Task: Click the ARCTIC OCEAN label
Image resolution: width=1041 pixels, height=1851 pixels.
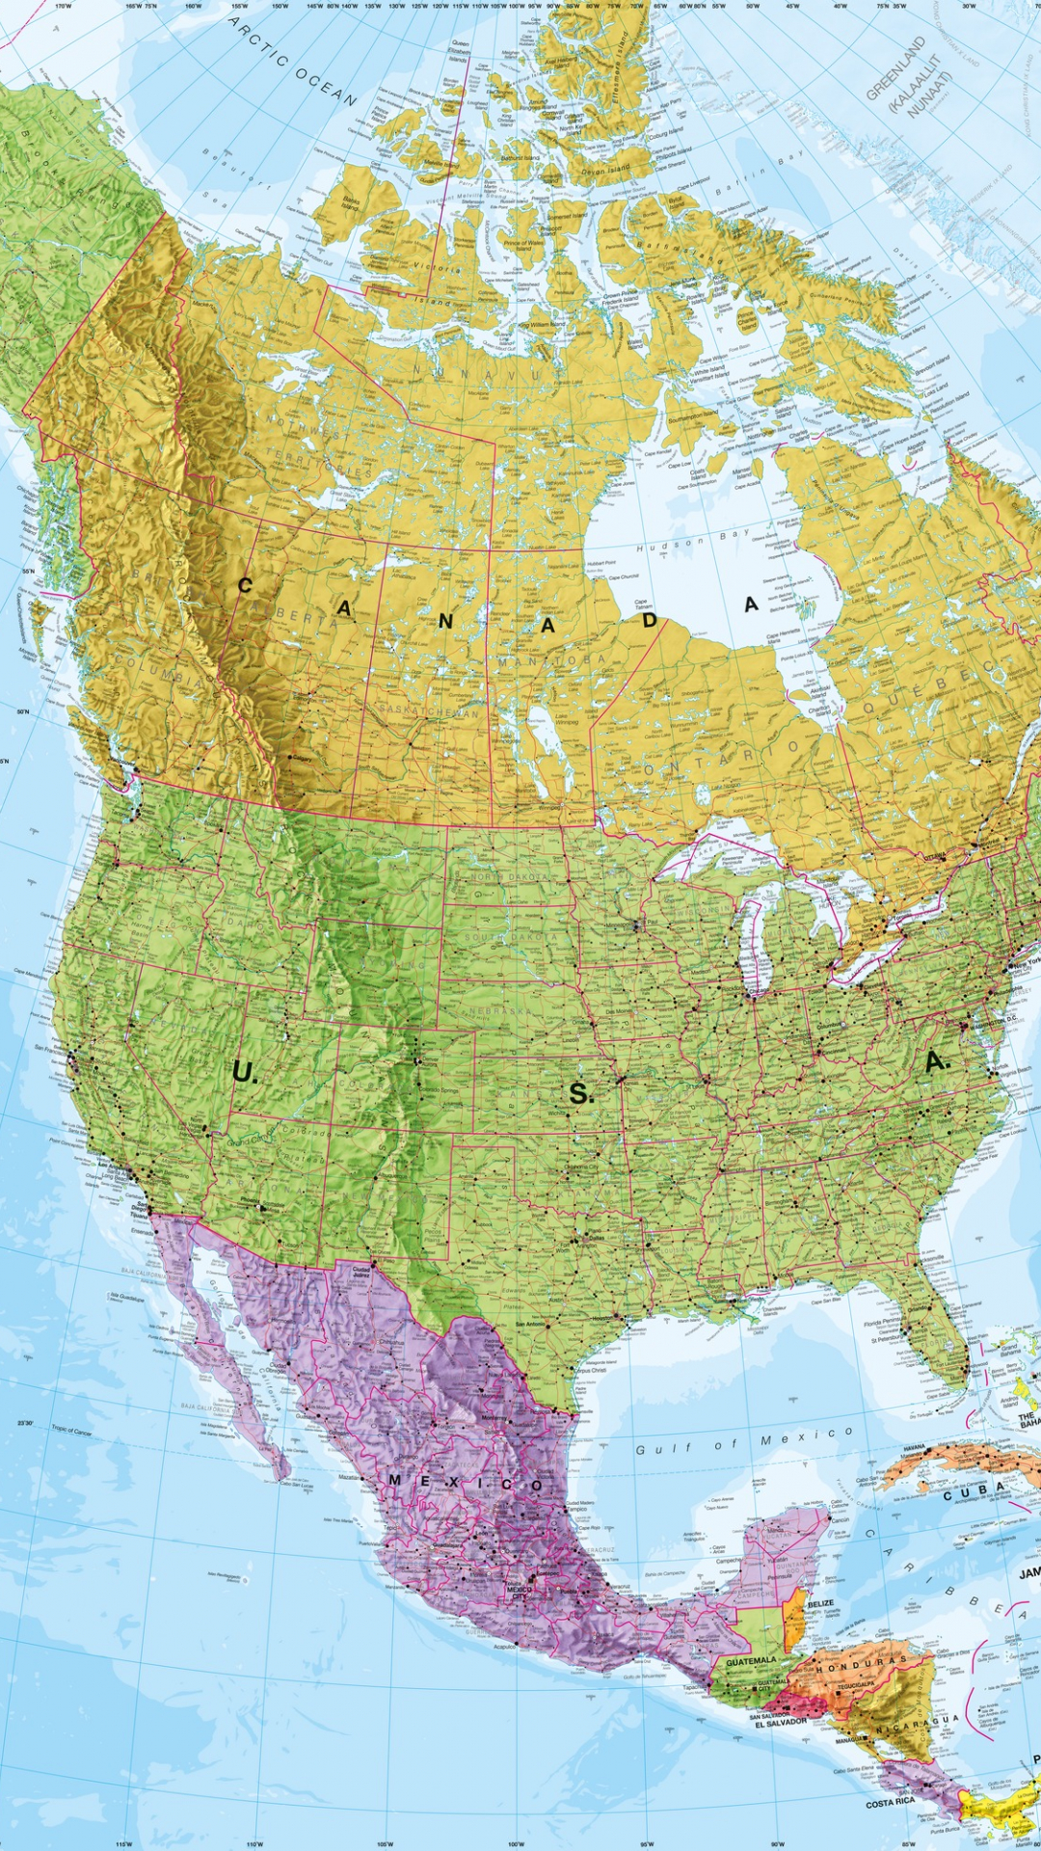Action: tap(293, 61)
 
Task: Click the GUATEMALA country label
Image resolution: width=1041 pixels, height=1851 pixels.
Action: tap(751, 1661)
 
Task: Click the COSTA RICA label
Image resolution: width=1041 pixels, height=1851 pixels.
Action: tap(890, 1802)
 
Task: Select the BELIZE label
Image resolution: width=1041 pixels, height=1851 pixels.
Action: tap(820, 1603)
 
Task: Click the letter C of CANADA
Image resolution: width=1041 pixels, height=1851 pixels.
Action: tap(245, 585)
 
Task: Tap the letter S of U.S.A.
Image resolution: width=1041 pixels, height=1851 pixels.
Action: tap(579, 1093)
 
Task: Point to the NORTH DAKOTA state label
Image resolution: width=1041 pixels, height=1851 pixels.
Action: tap(510, 877)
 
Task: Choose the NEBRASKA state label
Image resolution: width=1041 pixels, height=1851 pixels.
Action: tap(498, 1012)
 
